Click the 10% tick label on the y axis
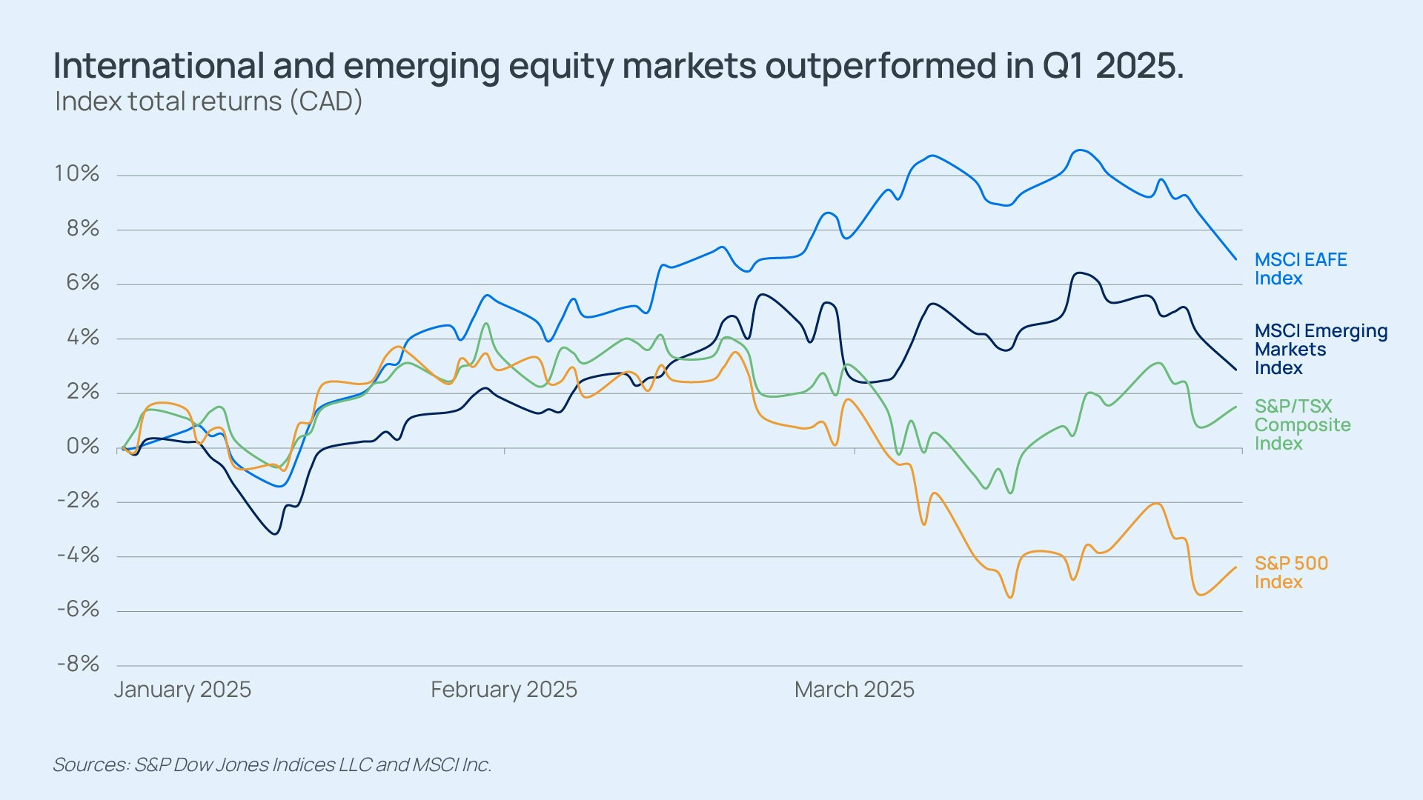76,174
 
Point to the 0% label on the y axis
82,447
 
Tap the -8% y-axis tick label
78,664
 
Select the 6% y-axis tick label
82,283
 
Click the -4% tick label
78,556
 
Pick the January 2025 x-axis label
182,690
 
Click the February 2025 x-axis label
504,690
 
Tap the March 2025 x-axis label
855,690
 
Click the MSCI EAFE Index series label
1300,269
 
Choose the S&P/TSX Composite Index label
1302,424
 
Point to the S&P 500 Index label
1291,573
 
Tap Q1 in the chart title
1064,66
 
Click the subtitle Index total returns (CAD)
208,101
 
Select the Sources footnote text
272,764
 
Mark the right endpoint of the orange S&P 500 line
1235,567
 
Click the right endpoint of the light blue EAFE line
1235,259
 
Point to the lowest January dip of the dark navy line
275,533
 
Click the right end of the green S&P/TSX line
1235,407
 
